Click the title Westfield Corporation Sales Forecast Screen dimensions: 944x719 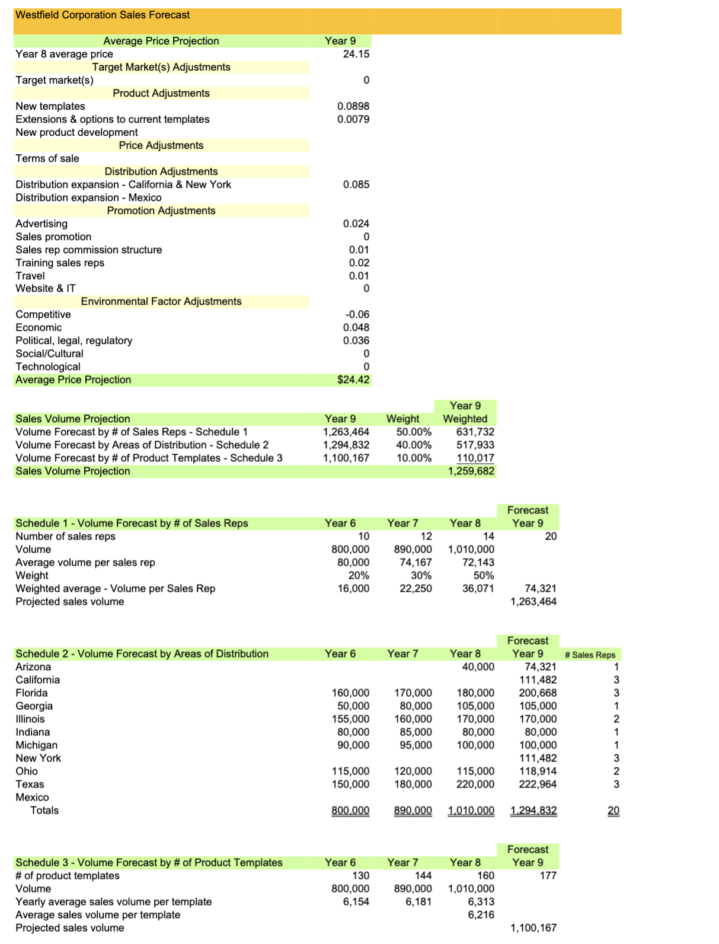[103, 15]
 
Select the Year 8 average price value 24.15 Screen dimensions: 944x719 [356, 54]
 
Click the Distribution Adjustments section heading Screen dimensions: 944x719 [161, 171]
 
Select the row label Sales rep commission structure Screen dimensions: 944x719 [89, 250]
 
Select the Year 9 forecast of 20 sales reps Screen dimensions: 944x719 [550, 536]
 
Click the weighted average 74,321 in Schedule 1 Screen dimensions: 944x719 [540, 588]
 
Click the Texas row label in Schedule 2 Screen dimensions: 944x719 [30, 784]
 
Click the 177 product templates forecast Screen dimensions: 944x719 [548, 875]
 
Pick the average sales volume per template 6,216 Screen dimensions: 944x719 [481, 914]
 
